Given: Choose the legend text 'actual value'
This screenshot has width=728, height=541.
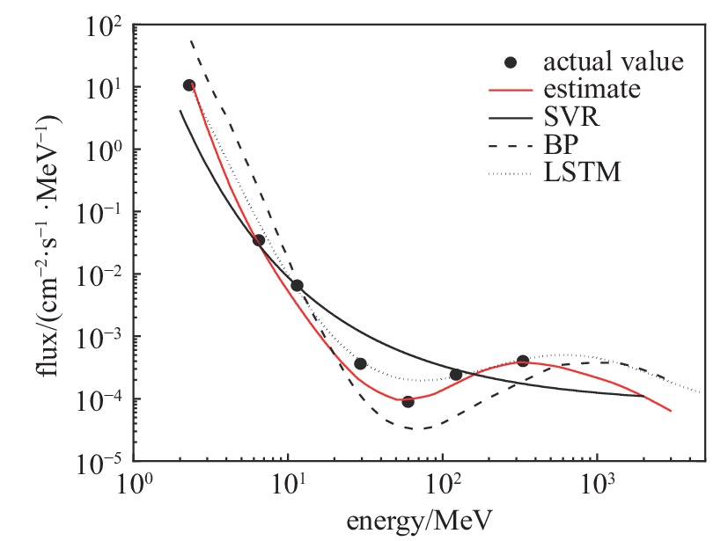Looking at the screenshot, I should click(614, 62).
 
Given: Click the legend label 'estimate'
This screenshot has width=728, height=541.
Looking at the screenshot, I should click(592, 90).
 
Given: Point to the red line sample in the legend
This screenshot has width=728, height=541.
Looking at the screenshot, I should click(511, 90).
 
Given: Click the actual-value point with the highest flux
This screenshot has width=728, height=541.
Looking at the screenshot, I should click(188, 85).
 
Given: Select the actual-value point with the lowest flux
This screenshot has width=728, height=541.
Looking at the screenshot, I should click(408, 401).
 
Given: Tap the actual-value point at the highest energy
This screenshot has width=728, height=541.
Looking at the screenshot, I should click(523, 361).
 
